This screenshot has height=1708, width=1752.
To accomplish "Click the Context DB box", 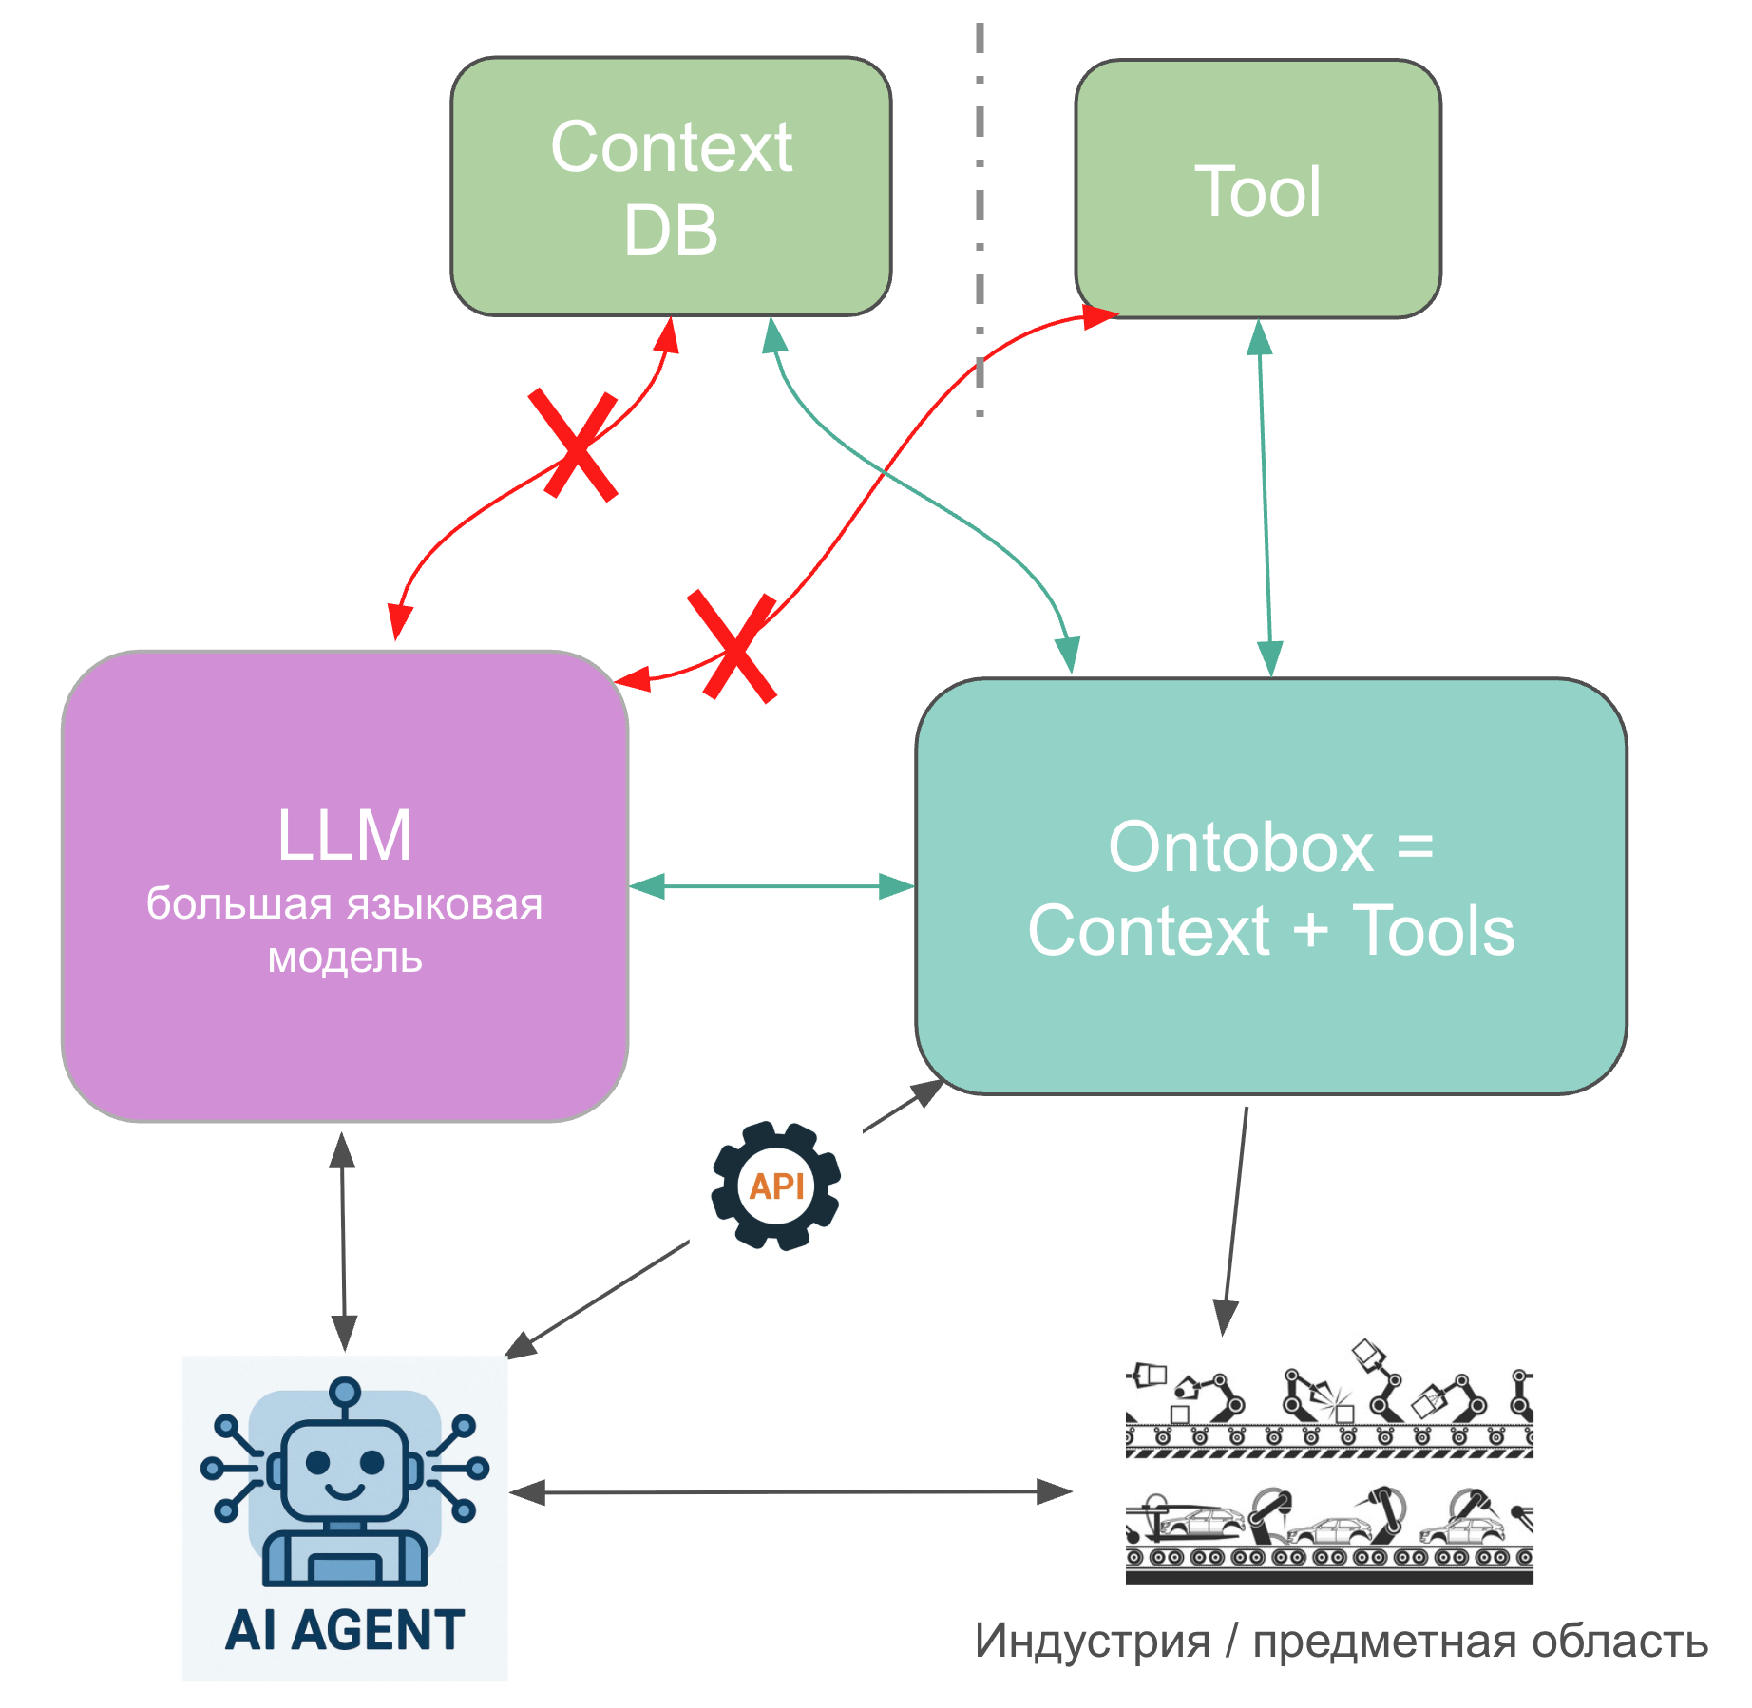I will coord(671,187).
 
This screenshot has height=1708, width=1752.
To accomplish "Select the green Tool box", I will coord(1258,190).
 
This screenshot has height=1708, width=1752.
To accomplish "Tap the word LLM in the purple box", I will coord(344,836).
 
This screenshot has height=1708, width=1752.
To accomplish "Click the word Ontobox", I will coord(1241,847).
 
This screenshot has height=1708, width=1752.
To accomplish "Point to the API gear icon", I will coord(776,1186).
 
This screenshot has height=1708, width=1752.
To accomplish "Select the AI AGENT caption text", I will coord(345,1630).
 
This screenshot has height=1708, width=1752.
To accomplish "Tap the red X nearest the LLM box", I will coord(733,647).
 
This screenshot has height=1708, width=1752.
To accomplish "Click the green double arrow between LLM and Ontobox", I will coord(771,886).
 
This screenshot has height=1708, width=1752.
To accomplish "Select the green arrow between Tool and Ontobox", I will coord(1265,499).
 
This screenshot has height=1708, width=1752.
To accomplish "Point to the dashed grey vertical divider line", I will coord(980,218).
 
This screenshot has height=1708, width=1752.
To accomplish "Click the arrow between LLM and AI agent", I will coord(343,1240).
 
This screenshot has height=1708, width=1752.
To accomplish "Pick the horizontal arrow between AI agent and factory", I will coord(790,1492).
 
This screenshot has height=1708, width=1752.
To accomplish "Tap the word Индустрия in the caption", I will coord(1093,1642).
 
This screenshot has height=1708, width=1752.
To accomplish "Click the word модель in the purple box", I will coord(345,958).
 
